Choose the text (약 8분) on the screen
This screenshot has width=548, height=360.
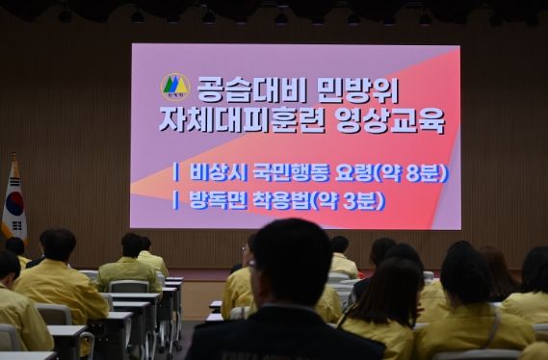tap(413, 173)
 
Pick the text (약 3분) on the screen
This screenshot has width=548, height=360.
tap(352, 200)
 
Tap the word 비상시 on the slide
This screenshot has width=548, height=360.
tap(213, 173)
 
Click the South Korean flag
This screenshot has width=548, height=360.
tap(13, 201)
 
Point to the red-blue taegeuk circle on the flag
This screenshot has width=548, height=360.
tap(14, 204)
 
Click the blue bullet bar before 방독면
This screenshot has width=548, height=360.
tap(175, 200)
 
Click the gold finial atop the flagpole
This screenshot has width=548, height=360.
tap(13, 156)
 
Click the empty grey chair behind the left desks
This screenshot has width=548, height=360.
tap(128, 286)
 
